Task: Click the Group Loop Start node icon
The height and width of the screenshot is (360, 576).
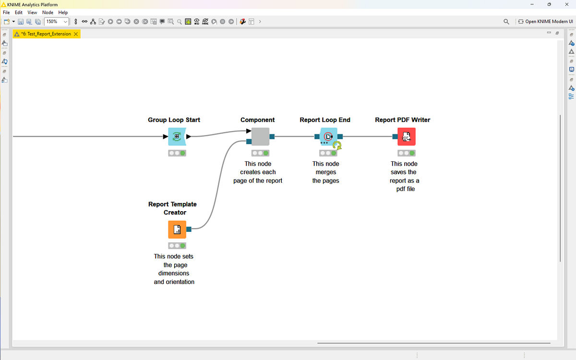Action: [x=177, y=137]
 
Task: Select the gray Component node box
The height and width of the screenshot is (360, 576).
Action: [x=260, y=137]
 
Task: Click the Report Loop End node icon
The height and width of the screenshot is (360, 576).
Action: [x=329, y=137]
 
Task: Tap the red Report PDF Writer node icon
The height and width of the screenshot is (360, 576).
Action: [x=406, y=137]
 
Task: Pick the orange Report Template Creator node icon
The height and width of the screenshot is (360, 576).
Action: [x=177, y=229]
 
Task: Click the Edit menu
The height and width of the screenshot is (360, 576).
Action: [x=19, y=12]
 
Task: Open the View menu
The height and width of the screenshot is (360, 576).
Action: [x=32, y=12]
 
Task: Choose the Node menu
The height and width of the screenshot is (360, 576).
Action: [x=48, y=12]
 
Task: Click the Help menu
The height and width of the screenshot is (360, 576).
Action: [x=63, y=12]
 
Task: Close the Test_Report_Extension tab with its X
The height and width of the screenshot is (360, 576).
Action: [x=76, y=34]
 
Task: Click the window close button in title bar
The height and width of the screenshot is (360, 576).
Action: [x=566, y=4]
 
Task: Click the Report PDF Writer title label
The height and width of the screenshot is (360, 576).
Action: [x=402, y=120]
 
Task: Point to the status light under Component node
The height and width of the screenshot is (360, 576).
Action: [x=260, y=153]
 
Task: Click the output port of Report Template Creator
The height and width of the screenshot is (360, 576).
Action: [x=189, y=229]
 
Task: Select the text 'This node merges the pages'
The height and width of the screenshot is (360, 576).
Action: [x=325, y=172]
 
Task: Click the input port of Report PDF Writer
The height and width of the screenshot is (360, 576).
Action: [x=395, y=137]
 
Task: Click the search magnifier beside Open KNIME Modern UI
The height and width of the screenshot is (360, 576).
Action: [x=506, y=22]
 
